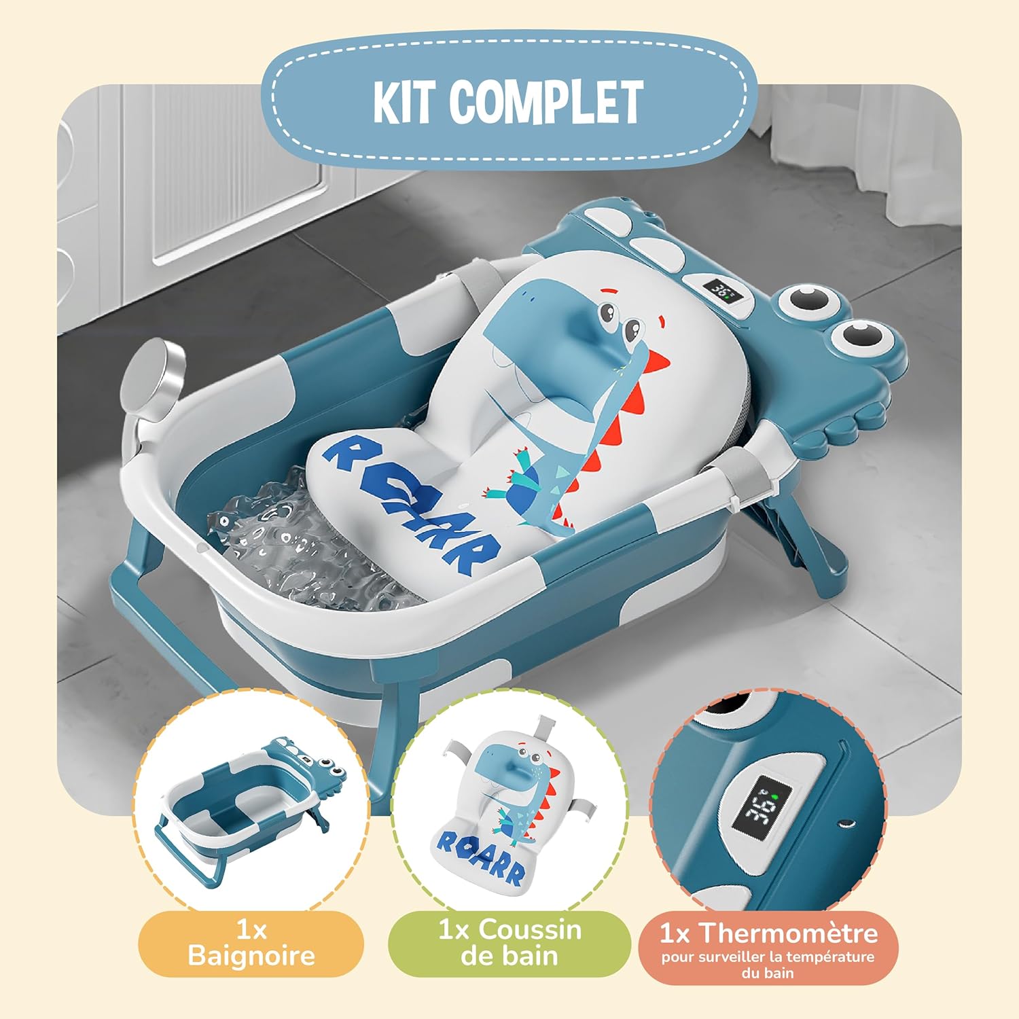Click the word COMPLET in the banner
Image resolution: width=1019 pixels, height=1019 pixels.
[546, 102]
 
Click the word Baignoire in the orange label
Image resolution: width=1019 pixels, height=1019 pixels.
[251, 955]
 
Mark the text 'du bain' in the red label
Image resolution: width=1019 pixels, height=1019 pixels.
[768, 973]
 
